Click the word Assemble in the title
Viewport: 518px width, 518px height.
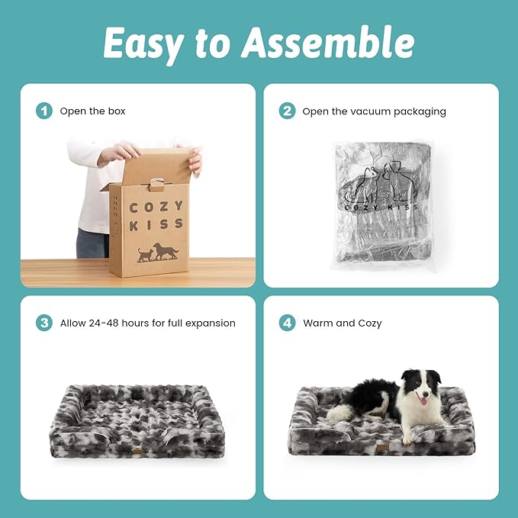pos(329,43)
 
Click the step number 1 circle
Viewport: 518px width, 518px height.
pos(44,111)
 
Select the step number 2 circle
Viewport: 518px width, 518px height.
pos(287,111)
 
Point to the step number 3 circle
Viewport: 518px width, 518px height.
pos(44,323)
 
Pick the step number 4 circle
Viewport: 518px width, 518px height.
pos(287,323)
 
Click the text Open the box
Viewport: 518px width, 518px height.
pos(93,111)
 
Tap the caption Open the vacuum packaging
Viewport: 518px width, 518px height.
pos(374,111)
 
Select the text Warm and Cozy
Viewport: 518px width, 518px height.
pos(342,323)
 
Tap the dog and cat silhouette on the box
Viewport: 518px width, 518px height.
pos(157,253)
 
